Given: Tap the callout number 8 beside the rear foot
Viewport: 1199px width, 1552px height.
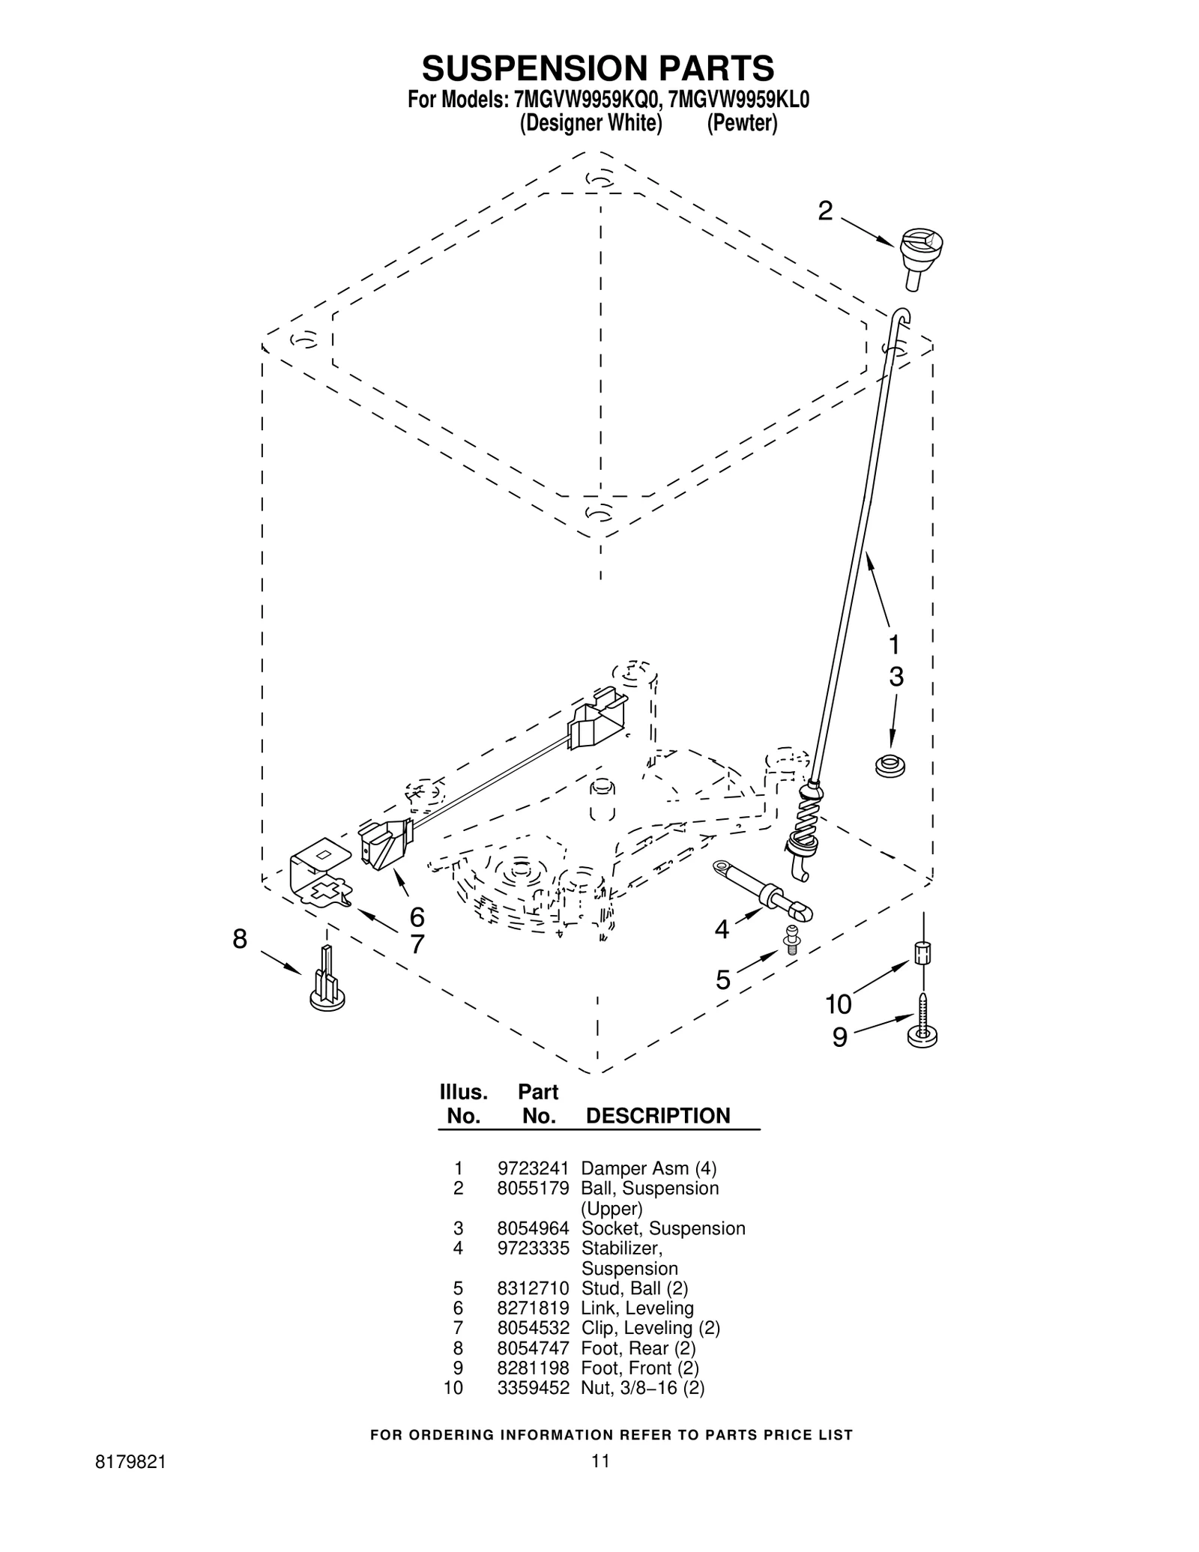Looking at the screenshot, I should [x=239, y=939].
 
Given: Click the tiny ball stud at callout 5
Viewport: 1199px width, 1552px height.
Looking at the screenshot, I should [x=791, y=938].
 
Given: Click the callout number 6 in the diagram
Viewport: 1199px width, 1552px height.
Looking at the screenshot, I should [x=417, y=917].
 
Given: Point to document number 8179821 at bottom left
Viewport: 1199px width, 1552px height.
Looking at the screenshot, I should [x=131, y=1482].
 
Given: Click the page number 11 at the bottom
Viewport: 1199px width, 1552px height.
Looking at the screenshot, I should [x=599, y=1482].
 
